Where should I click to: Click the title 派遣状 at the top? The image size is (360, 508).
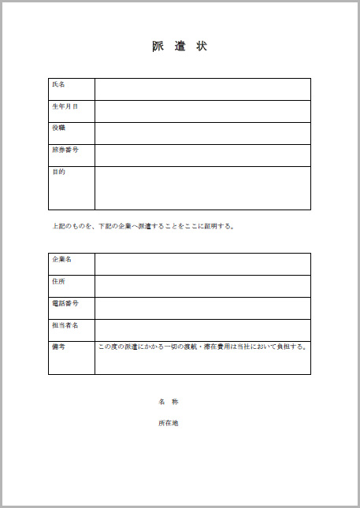(x=180, y=46)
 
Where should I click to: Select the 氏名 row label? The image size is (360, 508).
(x=58, y=84)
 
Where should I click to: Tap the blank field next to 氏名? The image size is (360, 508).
(x=202, y=89)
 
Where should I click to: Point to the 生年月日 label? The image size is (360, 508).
(x=65, y=106)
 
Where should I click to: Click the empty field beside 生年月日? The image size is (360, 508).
(x=202, y=111)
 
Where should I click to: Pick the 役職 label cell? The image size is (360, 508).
(x=58, y=128)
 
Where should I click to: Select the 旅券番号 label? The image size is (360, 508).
(x=65, y=150)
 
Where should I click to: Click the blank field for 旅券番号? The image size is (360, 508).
(x=202, y=155)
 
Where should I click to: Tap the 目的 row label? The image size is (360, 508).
(x=58, y=172)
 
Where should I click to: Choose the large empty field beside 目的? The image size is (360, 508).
(x=202, y=187)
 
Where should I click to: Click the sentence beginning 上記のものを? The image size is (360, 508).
(x=143, y=227)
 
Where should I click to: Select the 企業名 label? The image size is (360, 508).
(x=61, y=259)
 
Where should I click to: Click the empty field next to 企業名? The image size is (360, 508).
(x=202, y=264)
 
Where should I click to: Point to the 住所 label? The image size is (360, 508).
(x=58, y=280)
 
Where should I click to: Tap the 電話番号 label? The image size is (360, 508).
(x=65, y=302)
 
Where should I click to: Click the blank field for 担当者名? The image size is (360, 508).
(x=202, y=329)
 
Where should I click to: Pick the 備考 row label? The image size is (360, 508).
(x=58, y=347)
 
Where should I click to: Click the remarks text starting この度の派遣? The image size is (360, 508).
(x=202, y=347)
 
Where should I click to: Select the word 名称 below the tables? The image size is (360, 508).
(x=169, y=402)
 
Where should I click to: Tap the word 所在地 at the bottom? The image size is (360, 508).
(x=169, y=423)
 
